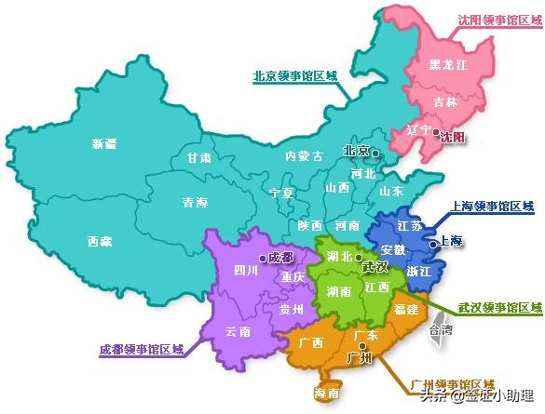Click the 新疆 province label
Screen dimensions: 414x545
tap(104, 143)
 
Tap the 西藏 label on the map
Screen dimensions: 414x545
tap(101, 241)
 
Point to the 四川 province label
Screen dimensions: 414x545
tap(246, 272)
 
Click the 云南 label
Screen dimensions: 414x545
tap(238, 330)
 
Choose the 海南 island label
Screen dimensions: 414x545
tap(326, 394)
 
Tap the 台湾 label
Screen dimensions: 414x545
tap(441, 329)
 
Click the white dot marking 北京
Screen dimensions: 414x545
tap(375, 152)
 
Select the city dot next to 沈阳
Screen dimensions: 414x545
tap(435, 133)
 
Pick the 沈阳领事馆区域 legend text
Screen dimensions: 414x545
tap(498, 20)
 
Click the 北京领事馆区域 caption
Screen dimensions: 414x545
tap(294, 76)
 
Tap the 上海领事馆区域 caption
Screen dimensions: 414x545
tap(493, 206)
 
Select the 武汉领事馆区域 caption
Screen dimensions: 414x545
tap(498, 307)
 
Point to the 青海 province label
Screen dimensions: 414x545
tap(194, 201)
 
